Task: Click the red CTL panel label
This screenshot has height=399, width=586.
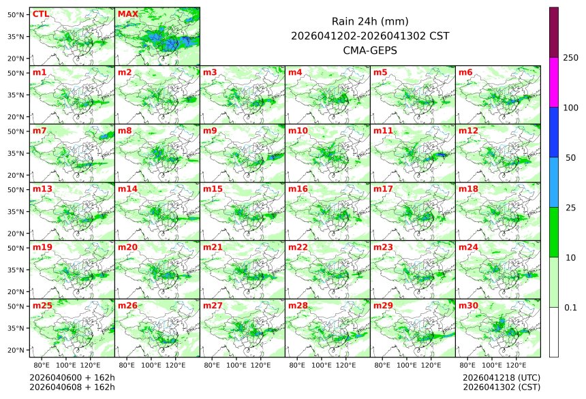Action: pyautogui.click(x=40, y=14)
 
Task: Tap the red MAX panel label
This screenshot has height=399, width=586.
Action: pyautogui.click(x=127, y=14)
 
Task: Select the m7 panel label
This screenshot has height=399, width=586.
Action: pyautogui.click(x=40, y=130)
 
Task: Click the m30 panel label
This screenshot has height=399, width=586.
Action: pyautogui.click(x=468, y=306)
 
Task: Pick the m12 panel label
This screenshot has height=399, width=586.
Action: pyautogui.click(x=468, y=130)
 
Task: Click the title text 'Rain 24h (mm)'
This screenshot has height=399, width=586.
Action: pyautogui.click(x=370, y=21)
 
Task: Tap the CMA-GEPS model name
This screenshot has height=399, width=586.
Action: pyautogui.click(x=370, y=50)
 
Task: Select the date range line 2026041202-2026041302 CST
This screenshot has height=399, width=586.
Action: pyautogui.click(x=370, y=35)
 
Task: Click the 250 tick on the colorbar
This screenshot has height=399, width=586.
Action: pyautogui.click(x=571, y=58)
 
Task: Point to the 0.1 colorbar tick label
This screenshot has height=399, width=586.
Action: pyautogui.click(x=570, y=307)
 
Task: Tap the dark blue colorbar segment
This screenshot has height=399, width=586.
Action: pyautogui.click(x=554, y=132)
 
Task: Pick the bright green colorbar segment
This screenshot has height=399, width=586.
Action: pyautogui.click(x=554, y=232)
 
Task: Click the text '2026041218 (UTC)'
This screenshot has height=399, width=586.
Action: pyautogui.click(x=501, y=377)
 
